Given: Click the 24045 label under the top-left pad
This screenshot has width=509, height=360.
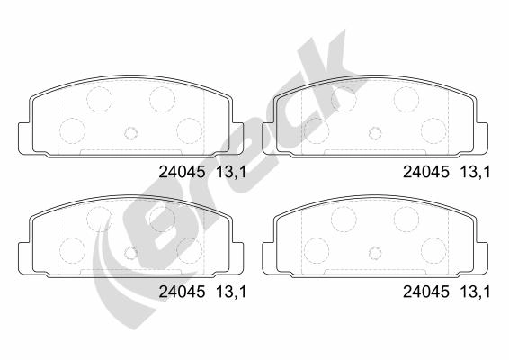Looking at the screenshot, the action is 182,172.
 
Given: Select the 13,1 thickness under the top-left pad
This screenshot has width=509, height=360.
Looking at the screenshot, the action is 231,172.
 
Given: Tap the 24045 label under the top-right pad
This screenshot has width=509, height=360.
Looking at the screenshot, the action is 426,172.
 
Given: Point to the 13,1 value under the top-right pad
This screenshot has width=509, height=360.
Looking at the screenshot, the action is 475,172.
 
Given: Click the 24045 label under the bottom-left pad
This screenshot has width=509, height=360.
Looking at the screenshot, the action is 182,292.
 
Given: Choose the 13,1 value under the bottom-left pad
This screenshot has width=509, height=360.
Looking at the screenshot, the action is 231,292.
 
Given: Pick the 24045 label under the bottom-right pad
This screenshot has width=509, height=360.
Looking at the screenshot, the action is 426,292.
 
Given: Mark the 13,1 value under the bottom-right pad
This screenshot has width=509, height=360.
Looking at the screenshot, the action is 475,292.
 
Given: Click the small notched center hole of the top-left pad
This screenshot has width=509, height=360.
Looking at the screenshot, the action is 131,132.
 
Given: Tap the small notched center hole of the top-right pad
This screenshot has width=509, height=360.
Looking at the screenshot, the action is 375,132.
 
